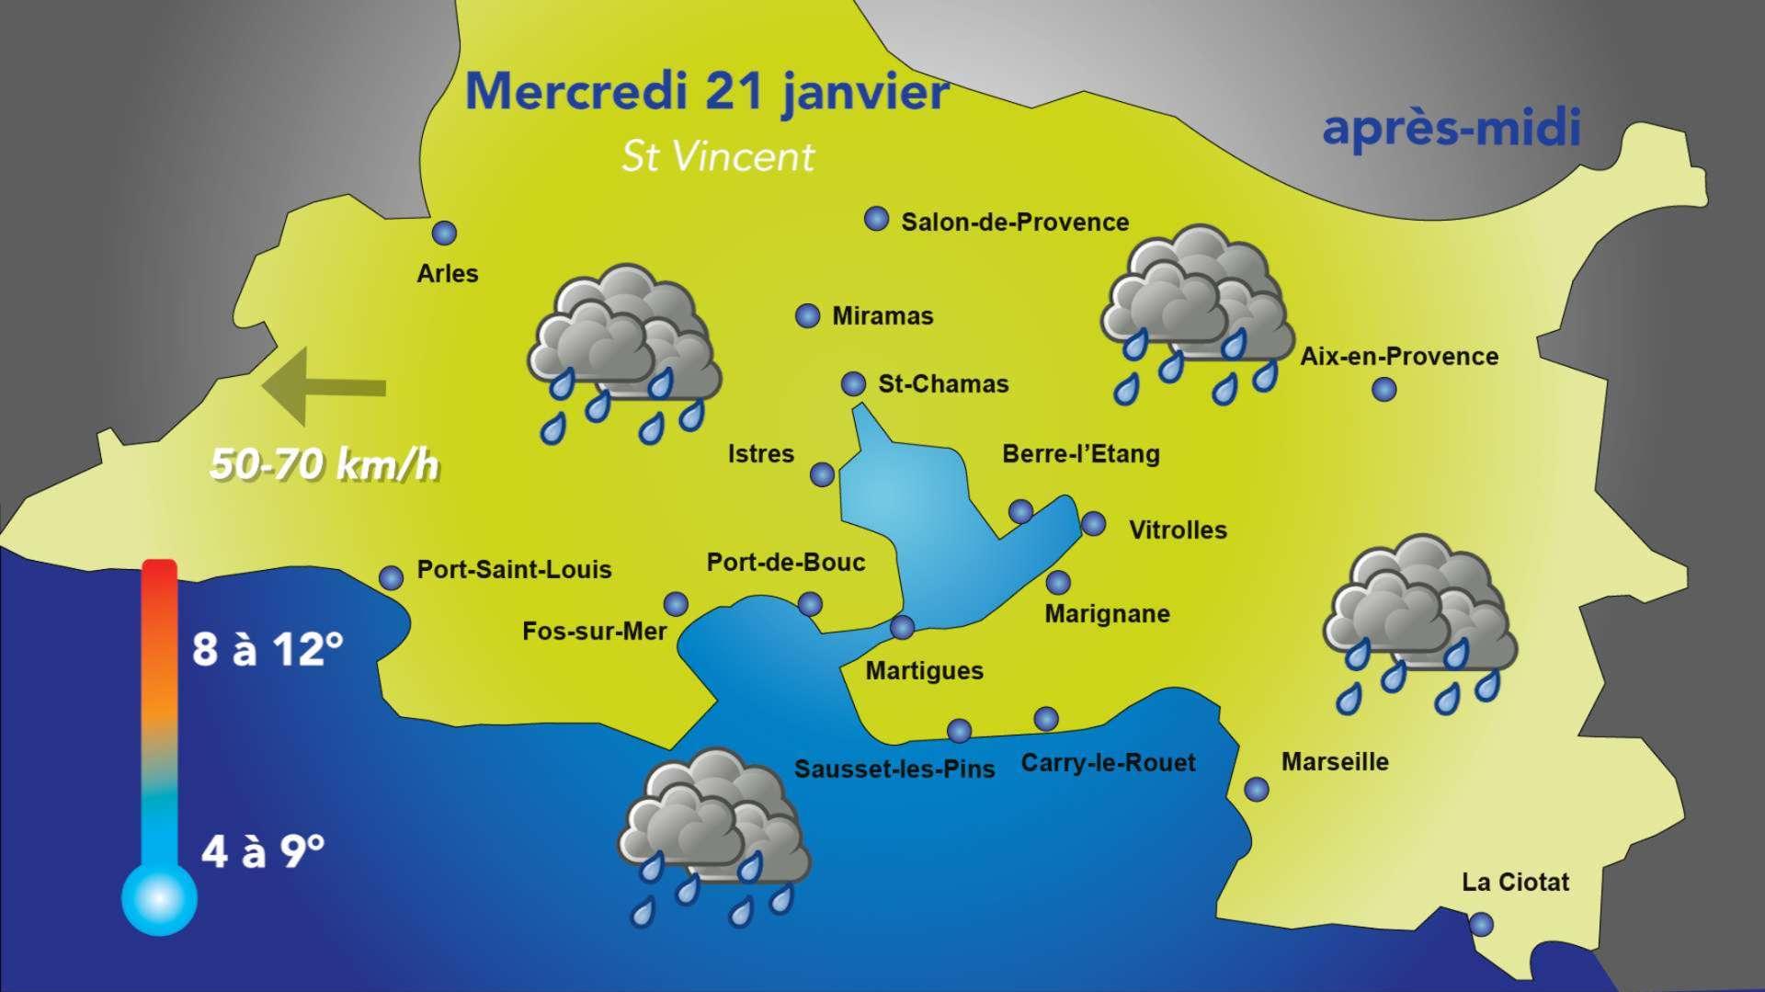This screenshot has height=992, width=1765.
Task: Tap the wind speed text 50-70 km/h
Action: click(x=324, y=465)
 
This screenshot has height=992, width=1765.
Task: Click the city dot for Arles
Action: click(x=445, y=234)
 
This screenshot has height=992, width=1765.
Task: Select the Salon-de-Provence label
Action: click(x=1015, y=222)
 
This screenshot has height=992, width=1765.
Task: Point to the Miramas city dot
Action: click(x=807, y=316)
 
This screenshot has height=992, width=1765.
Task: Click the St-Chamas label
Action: click(x=943, y=384)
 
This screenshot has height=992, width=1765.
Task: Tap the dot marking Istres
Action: click(x=823, y=474)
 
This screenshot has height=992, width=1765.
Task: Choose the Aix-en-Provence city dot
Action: click(x=1384, y=390)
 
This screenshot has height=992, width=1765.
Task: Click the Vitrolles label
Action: click(x=1178, y=530)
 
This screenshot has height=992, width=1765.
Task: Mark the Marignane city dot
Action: click(x=1058, y=582)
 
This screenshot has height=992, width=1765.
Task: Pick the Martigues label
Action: click(x=925, y=671)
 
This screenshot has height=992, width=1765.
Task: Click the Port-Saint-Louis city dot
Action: click(x=392, y=577)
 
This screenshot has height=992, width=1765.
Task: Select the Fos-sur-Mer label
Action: click(x=594, y=632)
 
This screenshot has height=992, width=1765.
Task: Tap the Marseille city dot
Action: click(x=1256, y=789)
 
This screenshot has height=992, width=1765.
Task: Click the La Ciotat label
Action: click(x=1515, y=883)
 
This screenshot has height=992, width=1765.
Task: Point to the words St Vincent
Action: click(x=718, y=157)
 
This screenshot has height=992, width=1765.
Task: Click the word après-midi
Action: click(x=1451, y=129)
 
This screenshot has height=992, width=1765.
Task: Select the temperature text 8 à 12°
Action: click(x=268, y=649)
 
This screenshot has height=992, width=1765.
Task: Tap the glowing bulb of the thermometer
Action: click(x=159, y=898)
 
